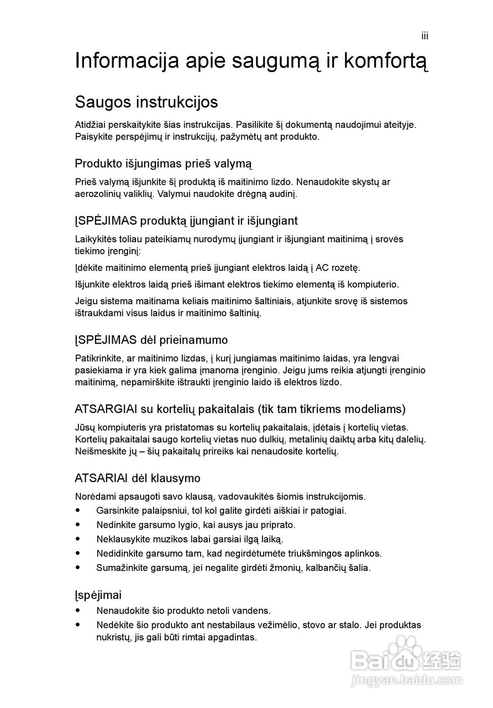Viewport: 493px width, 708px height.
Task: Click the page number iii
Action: tap(424, 37)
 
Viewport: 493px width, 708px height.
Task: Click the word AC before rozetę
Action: tap(322, 268)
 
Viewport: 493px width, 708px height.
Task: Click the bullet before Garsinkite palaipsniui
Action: tap(78, 510)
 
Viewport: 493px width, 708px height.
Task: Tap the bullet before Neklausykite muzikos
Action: tap(78, 539)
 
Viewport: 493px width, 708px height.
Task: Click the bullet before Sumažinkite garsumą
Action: tap(78, 568)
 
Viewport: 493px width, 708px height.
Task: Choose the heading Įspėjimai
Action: tap(98, 595)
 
